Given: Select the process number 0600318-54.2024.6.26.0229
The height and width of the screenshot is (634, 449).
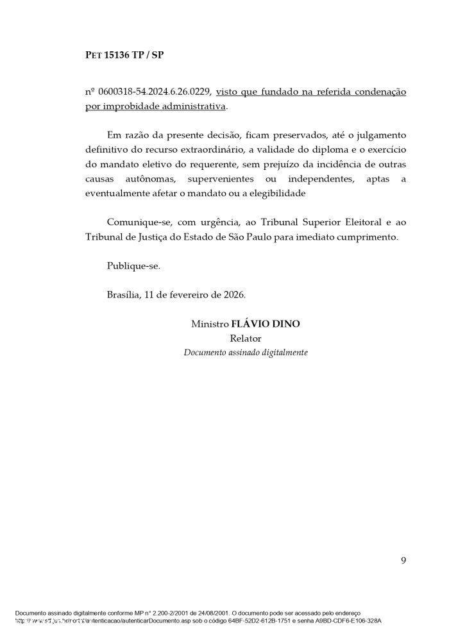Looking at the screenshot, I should coord(155,92).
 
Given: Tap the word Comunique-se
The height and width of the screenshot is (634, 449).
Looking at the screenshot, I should coord(136,222).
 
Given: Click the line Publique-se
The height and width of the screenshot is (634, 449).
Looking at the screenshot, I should coord(133,265).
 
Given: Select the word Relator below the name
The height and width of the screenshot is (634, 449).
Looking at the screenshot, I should coord(246,338).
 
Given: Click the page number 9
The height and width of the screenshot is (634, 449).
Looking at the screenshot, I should coord(403,561).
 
